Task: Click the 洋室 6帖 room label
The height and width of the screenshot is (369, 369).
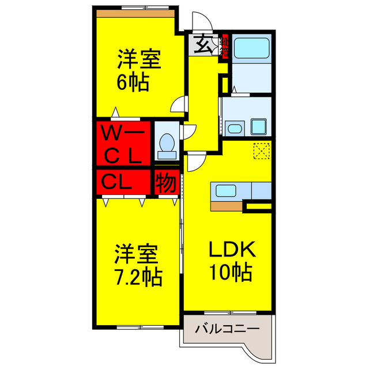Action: (x=139, y=70)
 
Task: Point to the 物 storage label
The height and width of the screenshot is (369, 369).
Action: (x=165, y=183)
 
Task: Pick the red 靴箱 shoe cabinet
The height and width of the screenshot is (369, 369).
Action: (x=225, y=47)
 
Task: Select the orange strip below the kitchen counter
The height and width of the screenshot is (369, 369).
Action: (x=227, y=206)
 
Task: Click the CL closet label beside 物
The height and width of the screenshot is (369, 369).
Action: (x=117, y=182)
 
